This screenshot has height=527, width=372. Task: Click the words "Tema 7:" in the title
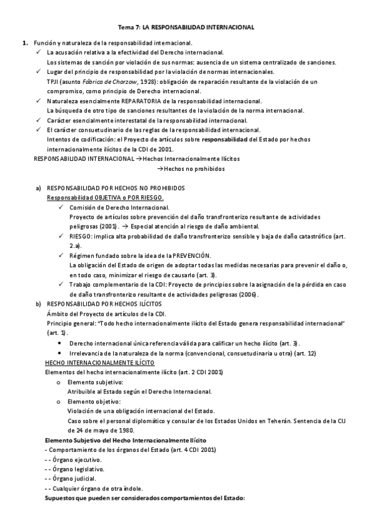tap(129, 28)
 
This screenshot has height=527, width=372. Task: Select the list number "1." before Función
tap(25, 43)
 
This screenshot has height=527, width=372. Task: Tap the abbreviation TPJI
tap(54, 81)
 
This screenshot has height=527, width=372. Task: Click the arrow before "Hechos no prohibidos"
tap(160, 168)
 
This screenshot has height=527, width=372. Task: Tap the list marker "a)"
tap(39, 188)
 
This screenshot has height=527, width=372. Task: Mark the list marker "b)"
tap(39, 304)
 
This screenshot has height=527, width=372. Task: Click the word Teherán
tap(267, 421)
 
